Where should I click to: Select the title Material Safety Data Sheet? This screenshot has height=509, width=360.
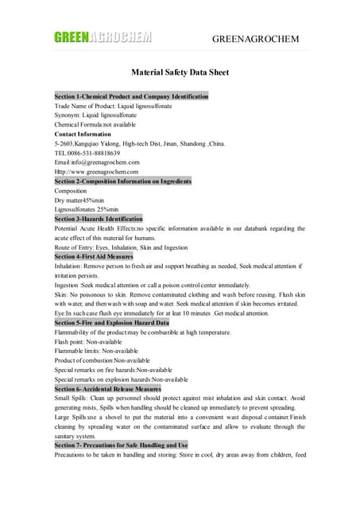point(180,72)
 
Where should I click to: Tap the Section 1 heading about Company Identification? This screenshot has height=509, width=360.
point(131,96)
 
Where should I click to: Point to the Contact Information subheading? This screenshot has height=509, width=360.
point(83,134)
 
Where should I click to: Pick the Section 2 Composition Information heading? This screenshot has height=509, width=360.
point(122,181)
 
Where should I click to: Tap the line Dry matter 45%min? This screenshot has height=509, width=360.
point(79,200)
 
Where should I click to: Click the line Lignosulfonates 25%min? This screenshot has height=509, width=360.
point(86,209)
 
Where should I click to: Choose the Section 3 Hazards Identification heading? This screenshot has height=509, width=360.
point(99,218)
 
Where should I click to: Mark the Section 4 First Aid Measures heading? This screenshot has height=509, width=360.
point(93,256)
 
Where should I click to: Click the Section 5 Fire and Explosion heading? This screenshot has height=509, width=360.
point(111,322)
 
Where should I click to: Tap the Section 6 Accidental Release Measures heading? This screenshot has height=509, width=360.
point(107,389)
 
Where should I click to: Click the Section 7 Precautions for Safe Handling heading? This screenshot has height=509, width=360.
point(121,445)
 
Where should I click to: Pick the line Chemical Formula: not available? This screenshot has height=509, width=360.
point(95,125)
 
